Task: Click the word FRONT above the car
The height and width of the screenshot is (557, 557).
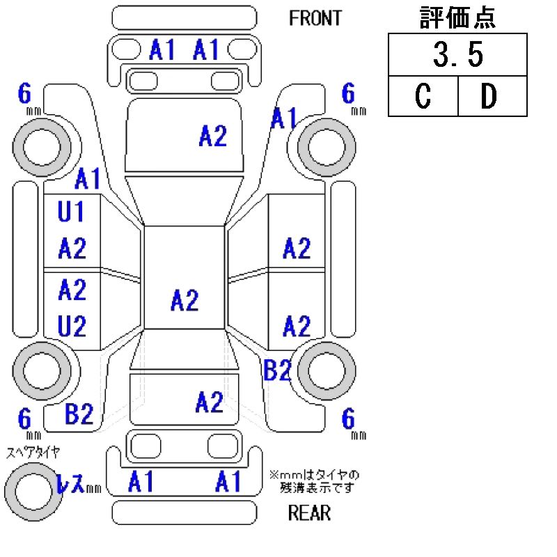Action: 315,18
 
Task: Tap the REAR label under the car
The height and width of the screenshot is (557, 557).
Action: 309,514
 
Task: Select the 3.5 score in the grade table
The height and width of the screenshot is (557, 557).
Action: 457,56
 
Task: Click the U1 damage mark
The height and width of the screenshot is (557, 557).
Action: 71,212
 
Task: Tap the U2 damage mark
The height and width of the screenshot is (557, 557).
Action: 72,324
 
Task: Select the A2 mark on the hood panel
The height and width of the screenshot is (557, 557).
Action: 212,136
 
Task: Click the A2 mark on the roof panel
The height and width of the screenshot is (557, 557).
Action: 185,301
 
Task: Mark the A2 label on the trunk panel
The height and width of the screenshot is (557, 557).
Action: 209,402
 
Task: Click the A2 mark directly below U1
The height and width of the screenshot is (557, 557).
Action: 72,248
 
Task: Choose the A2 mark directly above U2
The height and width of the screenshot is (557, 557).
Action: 72,289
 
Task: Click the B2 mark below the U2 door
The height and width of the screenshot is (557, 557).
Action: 79,415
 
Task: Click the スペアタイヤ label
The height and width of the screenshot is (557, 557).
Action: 33,453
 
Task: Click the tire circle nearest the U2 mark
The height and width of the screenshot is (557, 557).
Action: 42,370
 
